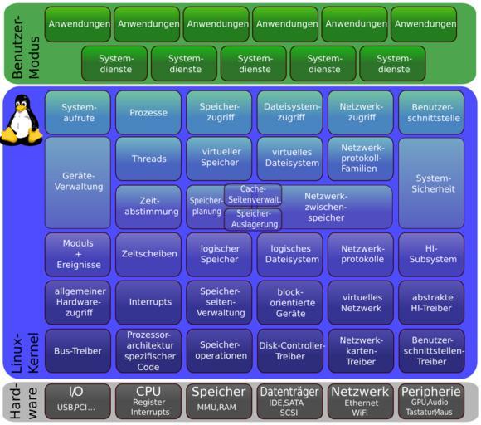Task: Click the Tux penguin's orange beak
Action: click(21, 109)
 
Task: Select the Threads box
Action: click(148, 159)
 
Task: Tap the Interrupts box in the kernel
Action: click(148, 302)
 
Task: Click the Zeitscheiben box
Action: click(148, 254)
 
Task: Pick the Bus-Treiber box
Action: click(78, 351)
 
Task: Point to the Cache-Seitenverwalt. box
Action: click(253, 195)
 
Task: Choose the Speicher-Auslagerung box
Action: click(253, 219)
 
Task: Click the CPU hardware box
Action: click(148, 401)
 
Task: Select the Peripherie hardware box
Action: click(431, 401)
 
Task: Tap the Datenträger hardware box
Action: click(289, 401)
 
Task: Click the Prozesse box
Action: click(148, 112)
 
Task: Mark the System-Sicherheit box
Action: click(431, 183)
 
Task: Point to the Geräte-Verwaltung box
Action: click(78, 183)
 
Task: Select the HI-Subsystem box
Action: click(431, 254)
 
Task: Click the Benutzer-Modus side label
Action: click(26, 46)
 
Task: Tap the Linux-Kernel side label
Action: click(25, 353)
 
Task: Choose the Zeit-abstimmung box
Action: click(148, 207)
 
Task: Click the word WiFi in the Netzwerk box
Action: click(360, 413)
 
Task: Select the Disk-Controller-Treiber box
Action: click(290, 351)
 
